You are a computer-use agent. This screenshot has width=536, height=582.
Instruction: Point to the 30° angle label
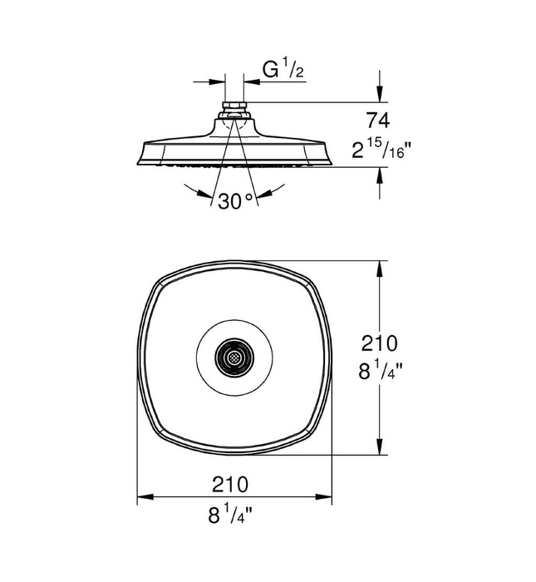[235, 200]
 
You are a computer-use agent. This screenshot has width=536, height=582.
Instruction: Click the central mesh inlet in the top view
[234, 357]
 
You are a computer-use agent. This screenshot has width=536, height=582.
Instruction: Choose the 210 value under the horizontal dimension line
[235, 483]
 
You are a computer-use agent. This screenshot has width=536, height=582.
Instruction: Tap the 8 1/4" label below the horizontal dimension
[234, 514]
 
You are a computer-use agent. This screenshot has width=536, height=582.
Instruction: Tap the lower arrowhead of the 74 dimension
[381, 173]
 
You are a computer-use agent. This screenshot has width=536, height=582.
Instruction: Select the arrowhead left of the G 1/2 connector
[219, 81]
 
